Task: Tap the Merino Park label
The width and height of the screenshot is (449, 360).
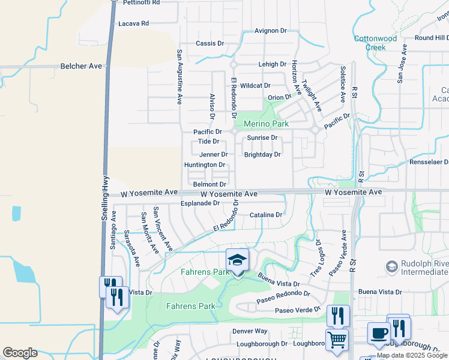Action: (266, 124)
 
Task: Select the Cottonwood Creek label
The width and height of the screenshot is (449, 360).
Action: (375, 43)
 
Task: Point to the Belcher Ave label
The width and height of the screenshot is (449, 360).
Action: (81, 66)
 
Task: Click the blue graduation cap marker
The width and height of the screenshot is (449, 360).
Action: (237, 260)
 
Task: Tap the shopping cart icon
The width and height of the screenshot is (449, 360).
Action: (337, 340)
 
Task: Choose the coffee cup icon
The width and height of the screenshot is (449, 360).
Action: (379, 333)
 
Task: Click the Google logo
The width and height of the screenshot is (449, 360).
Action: (20, 353)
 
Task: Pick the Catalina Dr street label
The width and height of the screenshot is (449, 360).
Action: (266, 215)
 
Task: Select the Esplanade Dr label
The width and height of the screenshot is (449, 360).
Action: (200, 203)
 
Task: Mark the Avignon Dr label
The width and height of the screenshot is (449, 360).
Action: (271, 31)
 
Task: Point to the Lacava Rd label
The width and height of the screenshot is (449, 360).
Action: (133, 23)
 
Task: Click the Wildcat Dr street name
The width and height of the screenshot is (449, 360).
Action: (255, 86)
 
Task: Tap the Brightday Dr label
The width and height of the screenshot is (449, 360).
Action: (262, 155)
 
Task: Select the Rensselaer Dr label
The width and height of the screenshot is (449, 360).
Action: (424, 163)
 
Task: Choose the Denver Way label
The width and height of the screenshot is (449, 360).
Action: (250, 331)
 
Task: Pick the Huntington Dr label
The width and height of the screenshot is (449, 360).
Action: (204, 165)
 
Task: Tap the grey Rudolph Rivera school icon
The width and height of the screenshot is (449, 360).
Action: (392, 266)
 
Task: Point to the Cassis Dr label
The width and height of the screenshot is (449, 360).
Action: (209, 44)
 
